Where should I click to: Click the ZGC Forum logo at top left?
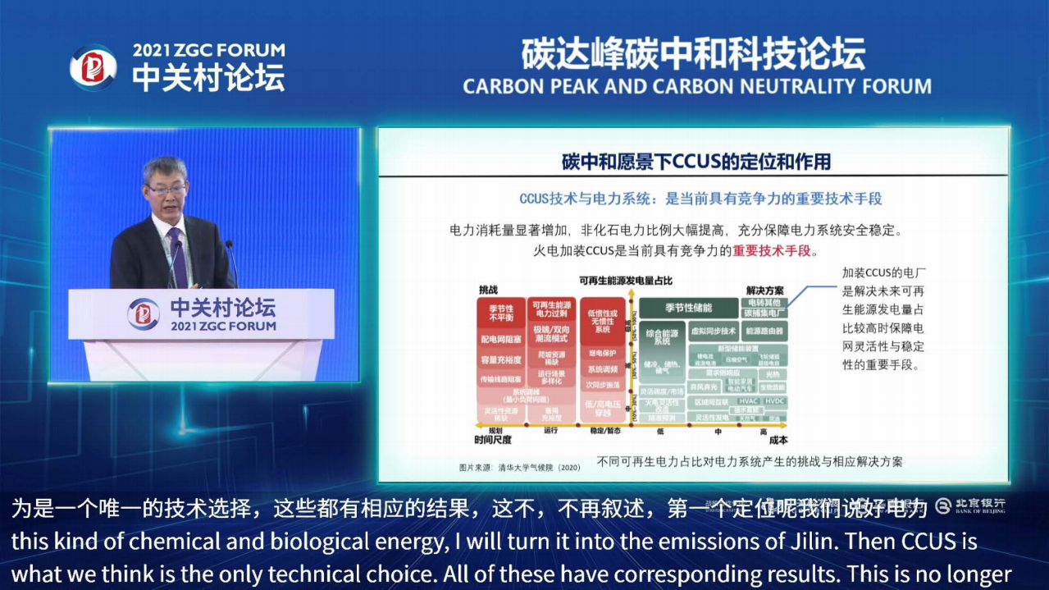coord(92,66)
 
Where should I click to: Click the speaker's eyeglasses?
coord(166,190)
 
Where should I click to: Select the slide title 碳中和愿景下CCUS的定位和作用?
coord(696,162)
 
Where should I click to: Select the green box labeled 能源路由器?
coord(763,331)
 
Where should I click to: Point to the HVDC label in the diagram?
coord(774,401)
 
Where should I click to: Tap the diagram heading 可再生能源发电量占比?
coord(626,281)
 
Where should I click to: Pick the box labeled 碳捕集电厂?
coord(763,313)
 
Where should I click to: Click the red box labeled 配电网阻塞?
coord(500,338)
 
